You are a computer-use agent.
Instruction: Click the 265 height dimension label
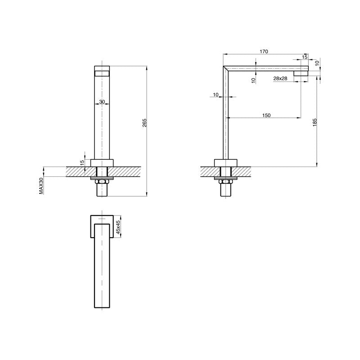tap(144, 124)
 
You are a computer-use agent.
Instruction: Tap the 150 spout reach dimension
tap(265, 116)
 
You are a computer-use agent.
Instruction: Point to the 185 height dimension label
tap(315, 122)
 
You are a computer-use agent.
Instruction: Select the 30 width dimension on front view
tap(102, 102)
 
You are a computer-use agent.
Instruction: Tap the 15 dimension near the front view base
tap(82, 162)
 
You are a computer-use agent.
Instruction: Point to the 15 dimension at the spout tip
tap(305, 57)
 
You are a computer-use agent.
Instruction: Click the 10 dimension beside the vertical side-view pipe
tap(215, 94)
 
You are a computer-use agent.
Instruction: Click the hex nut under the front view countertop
tap(102, 181)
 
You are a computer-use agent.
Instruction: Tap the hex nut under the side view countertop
tap(226, 181)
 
